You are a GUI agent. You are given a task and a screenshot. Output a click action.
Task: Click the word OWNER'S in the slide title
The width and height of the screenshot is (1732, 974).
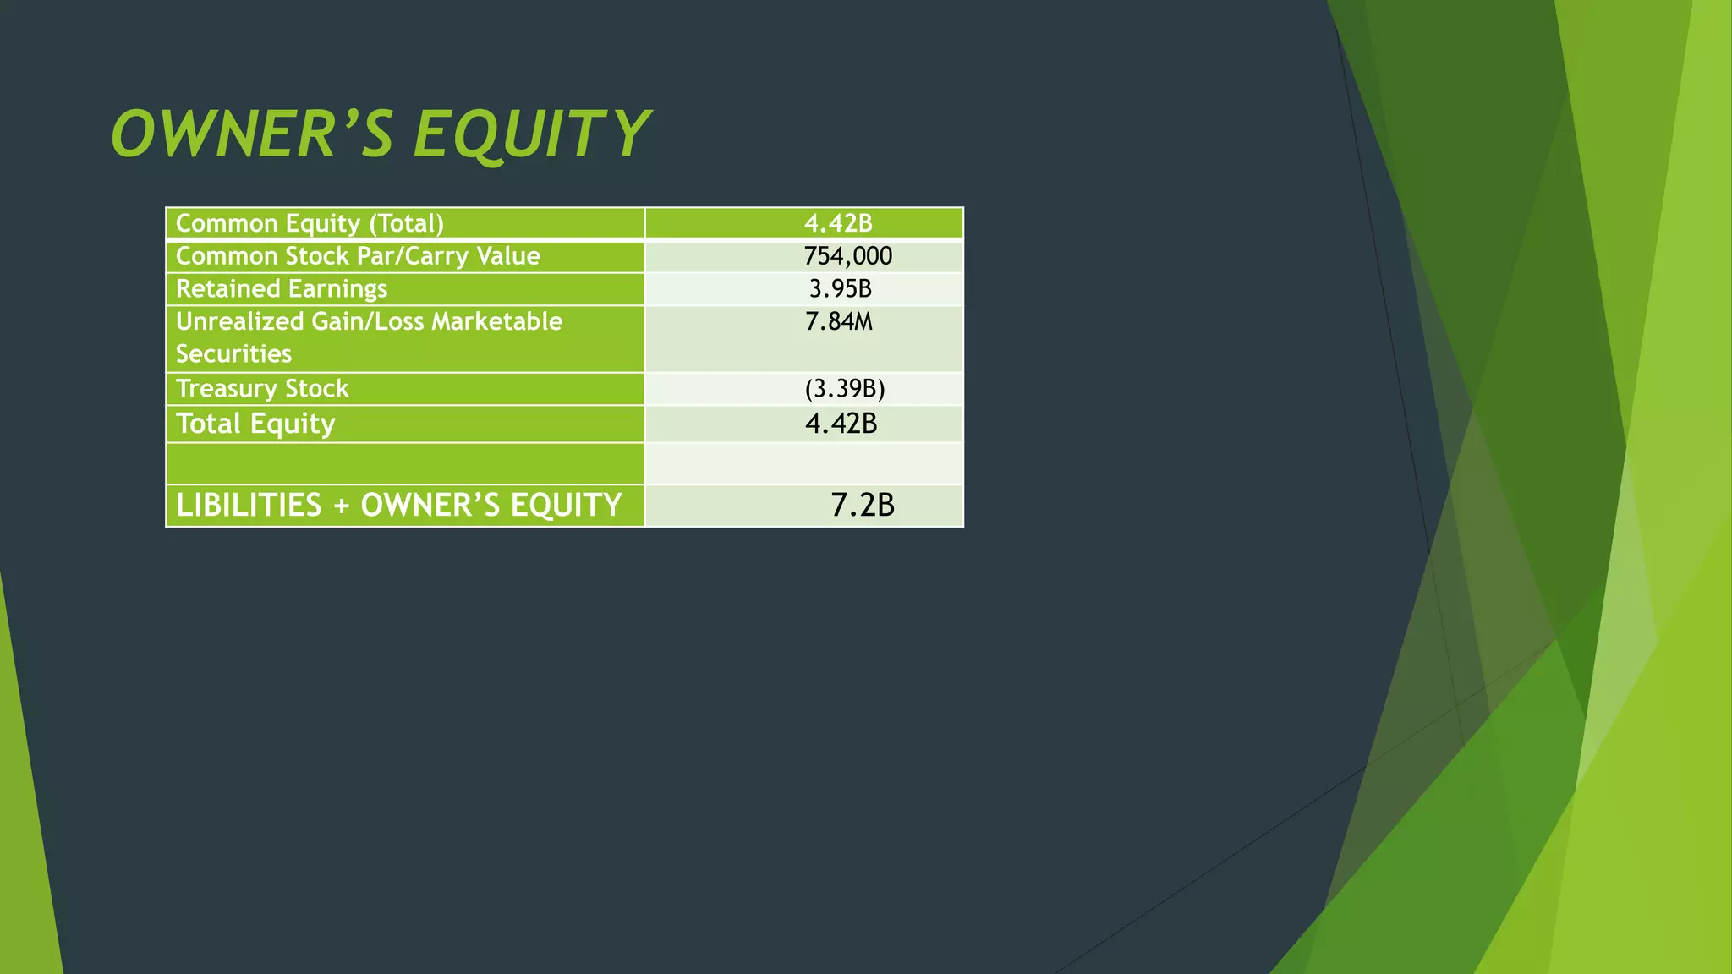[252, 134]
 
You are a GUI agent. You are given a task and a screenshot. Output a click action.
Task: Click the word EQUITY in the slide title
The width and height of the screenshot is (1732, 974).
[531, 134]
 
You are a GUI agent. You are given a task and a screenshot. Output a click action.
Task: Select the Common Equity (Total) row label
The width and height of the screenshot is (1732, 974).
[310, 223]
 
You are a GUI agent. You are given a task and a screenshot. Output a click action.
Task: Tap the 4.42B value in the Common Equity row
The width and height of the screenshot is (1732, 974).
[838, 223]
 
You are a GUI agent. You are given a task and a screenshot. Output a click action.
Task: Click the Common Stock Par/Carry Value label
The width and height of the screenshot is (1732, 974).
[358, 256]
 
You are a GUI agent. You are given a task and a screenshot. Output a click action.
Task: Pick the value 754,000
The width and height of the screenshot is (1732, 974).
[847, 256]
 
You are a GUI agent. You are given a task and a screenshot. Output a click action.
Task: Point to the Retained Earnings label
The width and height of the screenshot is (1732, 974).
[281, 289]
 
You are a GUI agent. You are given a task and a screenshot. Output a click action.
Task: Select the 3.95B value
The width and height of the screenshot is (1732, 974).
[840, 289]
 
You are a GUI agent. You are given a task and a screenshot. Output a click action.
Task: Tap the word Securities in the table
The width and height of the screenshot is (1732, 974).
[233, 353]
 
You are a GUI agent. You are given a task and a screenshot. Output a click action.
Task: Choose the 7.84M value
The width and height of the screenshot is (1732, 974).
[838, 321]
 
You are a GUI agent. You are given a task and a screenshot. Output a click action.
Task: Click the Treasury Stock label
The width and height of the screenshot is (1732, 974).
[262, 389]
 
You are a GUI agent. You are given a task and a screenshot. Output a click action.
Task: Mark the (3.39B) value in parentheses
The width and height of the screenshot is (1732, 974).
[844, 389]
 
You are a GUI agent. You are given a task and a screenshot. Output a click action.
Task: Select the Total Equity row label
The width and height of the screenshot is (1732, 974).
[255, 424]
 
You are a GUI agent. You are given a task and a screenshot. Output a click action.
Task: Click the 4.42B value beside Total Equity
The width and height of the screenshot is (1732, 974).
[841, 424]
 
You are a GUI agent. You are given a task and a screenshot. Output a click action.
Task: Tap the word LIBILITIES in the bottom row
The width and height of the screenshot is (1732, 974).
[249, 506]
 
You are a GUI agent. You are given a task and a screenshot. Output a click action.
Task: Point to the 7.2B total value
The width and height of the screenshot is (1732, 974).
[862, 506]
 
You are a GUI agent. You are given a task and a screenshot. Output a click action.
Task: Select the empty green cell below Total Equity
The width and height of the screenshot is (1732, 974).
[405, 463]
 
